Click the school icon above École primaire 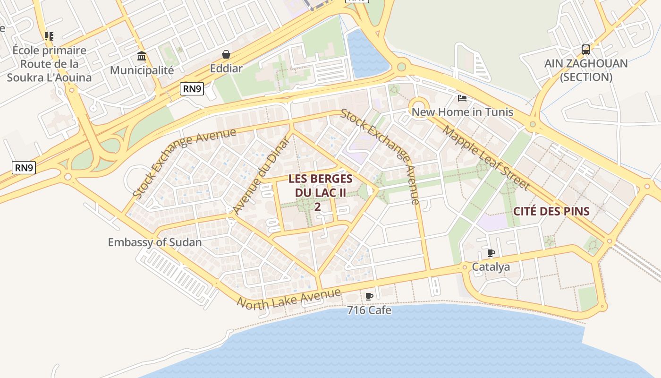tap(49, 36)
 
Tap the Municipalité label tap(142, 70)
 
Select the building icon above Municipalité tap(141, 57)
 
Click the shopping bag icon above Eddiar tap(226, 54)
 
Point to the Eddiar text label tap(226, 69)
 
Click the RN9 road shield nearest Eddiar tap(192, 89)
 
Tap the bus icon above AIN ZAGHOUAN tap(585, 50)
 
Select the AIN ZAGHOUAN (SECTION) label tap(585, 70)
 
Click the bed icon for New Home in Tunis tap(462, 98)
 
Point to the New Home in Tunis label tap(462, 112)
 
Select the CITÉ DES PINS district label tap(551, 211)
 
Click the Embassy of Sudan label tap(154, 242)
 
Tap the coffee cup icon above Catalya tap(491, 253)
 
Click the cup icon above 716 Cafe tap(369, 296)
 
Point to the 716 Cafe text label tap(369, 310)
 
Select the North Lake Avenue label tap(288, 299)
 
